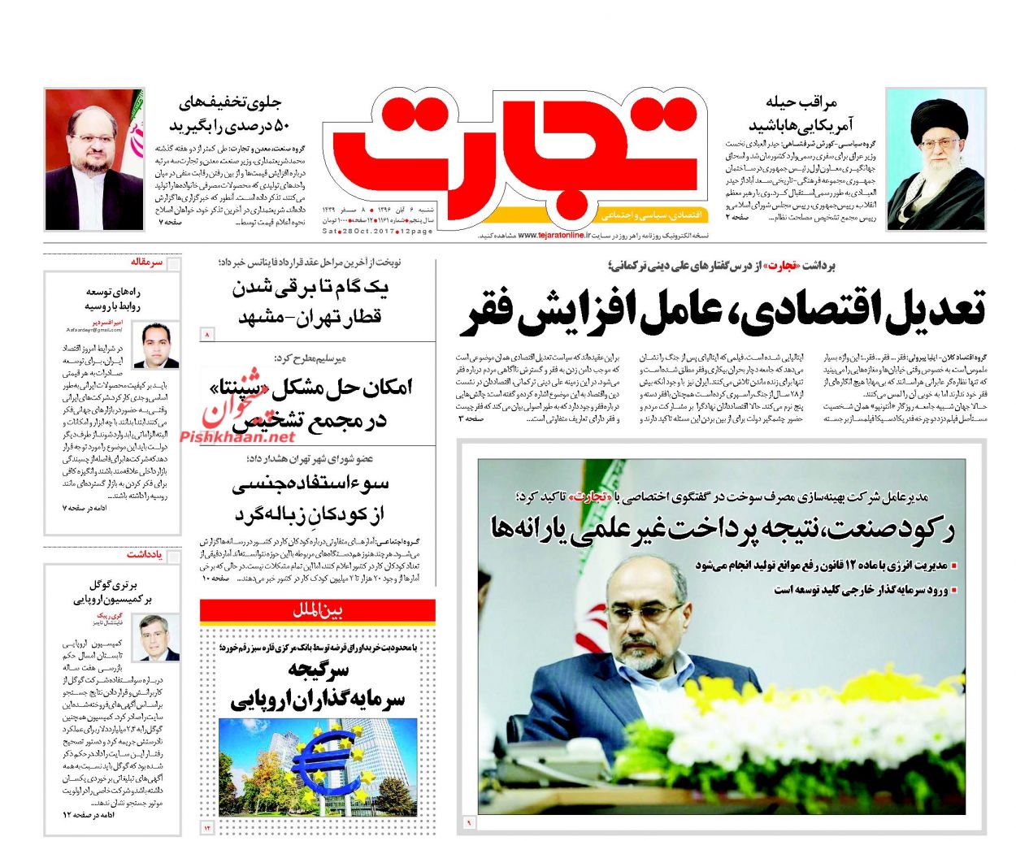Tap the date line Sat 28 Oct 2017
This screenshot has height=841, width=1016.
[377, 232]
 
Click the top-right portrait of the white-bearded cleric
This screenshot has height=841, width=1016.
[936, 159]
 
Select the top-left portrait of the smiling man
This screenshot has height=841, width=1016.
[94, 159]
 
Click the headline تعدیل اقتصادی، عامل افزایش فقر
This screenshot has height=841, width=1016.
[723, 310]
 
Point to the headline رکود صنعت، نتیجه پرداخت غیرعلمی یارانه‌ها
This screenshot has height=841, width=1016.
[723, 528]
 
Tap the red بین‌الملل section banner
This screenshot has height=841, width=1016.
[318, 610]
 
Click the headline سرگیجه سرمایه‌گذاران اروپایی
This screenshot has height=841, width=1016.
[318, 684]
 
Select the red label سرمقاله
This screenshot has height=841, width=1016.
[147, 262]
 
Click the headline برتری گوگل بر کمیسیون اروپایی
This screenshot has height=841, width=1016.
[114, 592]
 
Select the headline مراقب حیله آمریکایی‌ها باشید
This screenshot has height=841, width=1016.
[800, 113]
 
